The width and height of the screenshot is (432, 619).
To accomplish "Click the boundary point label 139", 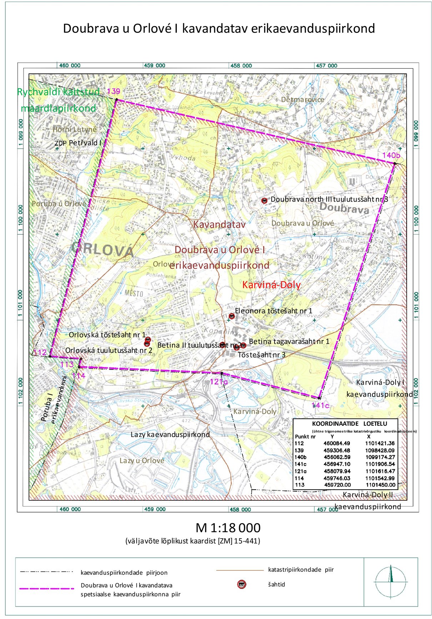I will click(x=114, y=91).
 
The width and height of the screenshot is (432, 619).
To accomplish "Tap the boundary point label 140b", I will click(x=391, y=155).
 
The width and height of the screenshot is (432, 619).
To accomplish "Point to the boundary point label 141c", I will click(x=320, y=405).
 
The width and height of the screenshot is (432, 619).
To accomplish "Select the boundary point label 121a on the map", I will click(x=218, y=381).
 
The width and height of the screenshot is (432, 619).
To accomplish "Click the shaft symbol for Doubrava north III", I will click(x=265, y=201).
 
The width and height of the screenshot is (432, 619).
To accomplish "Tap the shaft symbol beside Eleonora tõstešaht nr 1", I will click(x=232, y=316).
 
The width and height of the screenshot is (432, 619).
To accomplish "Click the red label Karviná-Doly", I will click(x=271, y=285).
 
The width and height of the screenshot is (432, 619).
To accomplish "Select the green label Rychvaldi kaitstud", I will click(x=59, y=92).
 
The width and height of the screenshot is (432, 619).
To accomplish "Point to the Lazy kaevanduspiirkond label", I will click(x=170, y=435).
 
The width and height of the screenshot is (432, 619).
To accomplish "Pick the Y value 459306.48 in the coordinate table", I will click(x=337, y=450).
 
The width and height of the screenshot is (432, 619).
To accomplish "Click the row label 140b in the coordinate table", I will click(x=300, y=457).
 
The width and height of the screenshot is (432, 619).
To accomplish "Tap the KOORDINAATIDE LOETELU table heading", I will click(x=350, y=424).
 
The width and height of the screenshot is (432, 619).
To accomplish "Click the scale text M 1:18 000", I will click(x=228, y=528).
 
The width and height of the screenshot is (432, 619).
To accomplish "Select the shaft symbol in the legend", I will click(x=242, y=584).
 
